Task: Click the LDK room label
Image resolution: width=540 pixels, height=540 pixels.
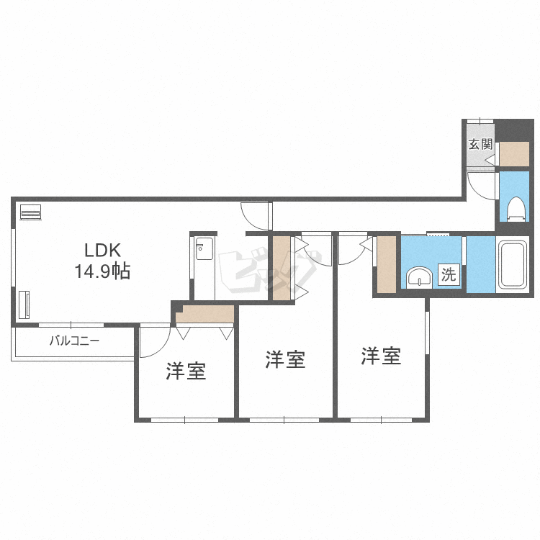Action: (x=103, y=251)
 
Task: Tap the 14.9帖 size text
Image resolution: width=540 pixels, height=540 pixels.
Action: (x=103, y=271)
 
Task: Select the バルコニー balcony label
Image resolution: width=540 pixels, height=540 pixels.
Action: (x=74, y=341)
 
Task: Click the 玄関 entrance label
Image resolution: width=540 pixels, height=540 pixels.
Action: (x=480, y=144)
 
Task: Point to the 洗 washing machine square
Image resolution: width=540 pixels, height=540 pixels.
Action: (x=449, y=274)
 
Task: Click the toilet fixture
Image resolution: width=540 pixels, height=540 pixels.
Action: (x=516, y=209)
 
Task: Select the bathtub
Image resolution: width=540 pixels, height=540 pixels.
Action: (x=513, y=264)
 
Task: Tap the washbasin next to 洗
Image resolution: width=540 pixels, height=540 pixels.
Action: (x=419, y=278)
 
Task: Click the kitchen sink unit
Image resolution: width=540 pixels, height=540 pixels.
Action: (x=204, y=248)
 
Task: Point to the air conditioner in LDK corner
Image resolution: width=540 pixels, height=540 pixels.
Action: (x=31, y=212)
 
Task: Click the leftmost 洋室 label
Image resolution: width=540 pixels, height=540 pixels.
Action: (x=186, y=372)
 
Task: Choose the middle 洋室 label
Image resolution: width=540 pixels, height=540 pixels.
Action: (x=286, y=359)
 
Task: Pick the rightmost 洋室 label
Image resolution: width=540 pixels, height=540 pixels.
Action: (x=381, y=356)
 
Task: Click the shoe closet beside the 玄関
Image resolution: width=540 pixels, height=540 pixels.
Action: (x=514, y=154)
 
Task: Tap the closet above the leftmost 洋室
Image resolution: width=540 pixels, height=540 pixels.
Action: (x=205, y=314)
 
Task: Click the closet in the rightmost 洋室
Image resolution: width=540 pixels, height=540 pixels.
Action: (x=387, y=264)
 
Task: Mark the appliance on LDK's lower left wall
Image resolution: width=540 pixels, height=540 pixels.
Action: (x=24, y=305)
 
